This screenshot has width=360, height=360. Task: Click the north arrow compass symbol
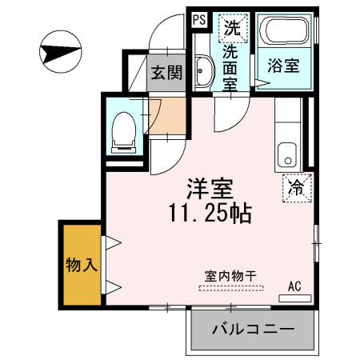click(x=60, y=53)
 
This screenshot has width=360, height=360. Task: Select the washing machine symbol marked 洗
click(x=232, y=27)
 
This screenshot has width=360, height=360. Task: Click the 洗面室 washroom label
click(x=230, y=69)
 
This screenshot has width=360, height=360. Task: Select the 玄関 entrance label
click(x=166, y=72)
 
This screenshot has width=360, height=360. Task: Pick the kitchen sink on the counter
click(x=286, y=154)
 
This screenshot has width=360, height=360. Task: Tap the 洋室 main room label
click(x=210, y=190)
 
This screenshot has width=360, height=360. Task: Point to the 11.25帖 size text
click(x=210, y=213)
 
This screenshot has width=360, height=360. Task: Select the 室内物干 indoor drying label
click(x=230, y=276)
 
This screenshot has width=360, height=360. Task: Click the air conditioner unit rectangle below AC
click(x=294, y=298)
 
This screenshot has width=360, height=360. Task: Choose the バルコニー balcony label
click(x=253, y=330)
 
